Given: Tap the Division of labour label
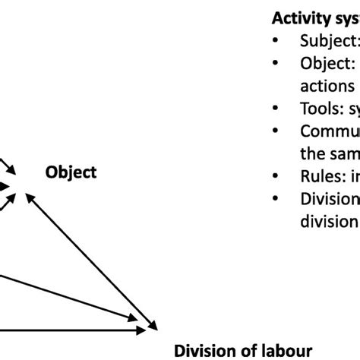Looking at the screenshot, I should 243,350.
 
